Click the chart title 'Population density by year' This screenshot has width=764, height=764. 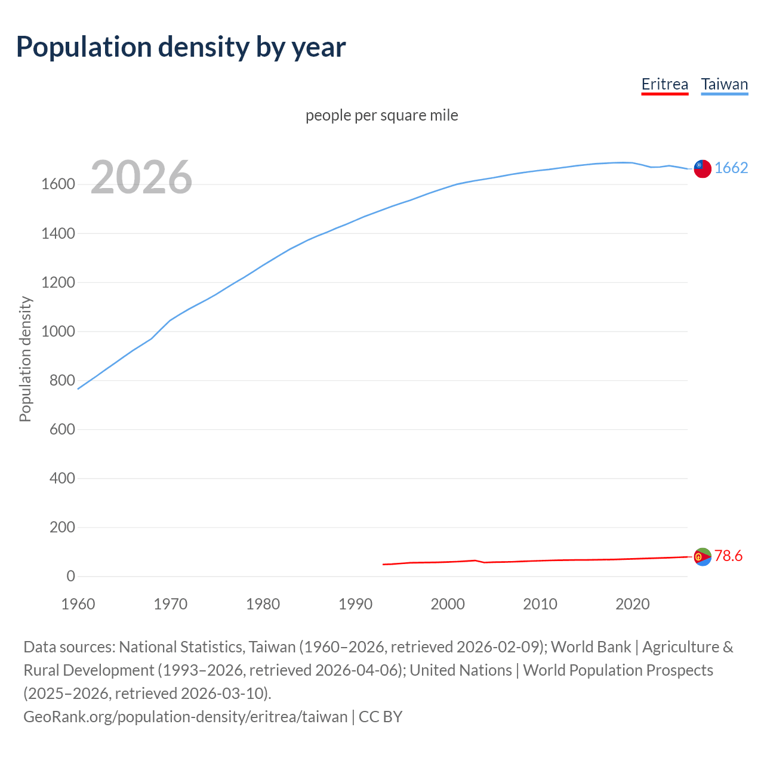181,47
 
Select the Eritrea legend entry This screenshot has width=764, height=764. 664,84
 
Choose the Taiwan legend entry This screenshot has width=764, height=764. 724,84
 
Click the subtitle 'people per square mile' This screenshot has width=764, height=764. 381,115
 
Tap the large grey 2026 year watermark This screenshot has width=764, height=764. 141,177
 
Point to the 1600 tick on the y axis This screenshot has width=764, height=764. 58,184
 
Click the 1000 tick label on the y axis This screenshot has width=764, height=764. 58,331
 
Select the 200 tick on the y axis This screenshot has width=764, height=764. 62,527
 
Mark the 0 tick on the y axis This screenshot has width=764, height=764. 70,576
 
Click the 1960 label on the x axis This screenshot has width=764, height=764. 78,604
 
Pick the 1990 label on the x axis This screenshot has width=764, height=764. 355,604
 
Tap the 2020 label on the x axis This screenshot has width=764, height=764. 632,604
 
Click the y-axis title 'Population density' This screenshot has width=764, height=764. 25,359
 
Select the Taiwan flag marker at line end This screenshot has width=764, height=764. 703,169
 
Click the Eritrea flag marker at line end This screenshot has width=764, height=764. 703,556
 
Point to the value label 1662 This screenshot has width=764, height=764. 731,168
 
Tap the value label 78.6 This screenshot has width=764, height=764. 728,556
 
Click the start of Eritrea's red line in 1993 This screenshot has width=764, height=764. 383,564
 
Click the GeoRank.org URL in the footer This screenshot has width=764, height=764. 185,716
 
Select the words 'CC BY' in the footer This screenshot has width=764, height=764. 380,716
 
